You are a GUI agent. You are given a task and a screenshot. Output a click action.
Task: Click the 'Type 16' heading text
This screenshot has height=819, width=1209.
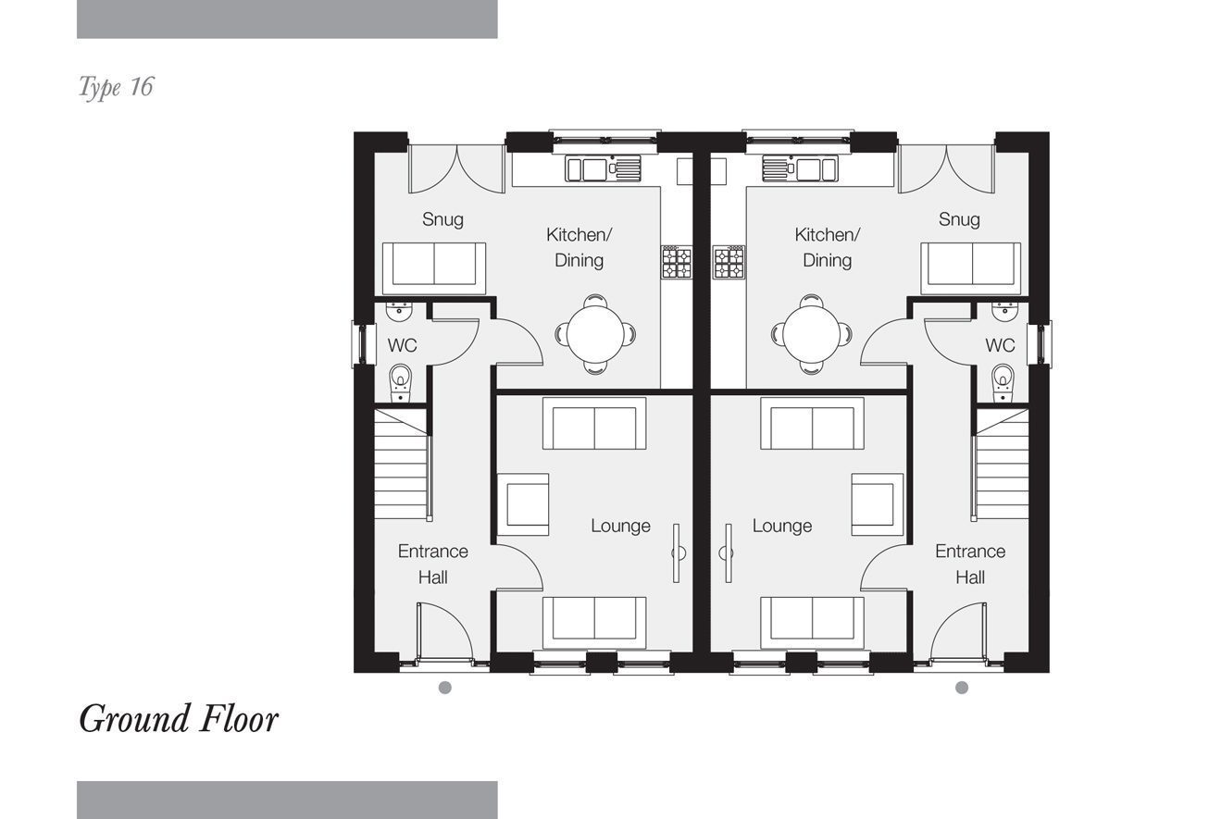(116, 87)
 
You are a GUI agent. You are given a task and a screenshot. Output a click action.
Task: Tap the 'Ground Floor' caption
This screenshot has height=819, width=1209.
(179, 719)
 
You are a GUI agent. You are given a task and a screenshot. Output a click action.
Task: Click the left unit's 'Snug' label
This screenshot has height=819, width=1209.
(442, 219)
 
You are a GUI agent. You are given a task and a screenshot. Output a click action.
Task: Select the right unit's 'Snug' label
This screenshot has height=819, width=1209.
(959, 219)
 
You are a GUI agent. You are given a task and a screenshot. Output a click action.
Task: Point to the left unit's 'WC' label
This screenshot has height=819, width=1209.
(402, 345)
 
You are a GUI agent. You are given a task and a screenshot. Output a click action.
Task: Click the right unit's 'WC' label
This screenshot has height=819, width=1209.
(1000, 345)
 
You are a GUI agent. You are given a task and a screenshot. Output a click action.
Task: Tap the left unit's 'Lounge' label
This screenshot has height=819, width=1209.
(620, 526)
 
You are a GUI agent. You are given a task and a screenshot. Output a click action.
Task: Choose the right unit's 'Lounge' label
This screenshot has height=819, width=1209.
(782, 526)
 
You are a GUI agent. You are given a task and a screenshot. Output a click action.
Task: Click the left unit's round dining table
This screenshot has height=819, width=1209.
(595, 334)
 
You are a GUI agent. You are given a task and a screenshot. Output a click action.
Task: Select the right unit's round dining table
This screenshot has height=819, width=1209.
(811, 334)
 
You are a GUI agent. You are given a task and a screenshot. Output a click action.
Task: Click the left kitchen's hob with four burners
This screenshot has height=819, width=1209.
(677, 262)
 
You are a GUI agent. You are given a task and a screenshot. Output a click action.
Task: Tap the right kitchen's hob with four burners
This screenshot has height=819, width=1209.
(729, 262)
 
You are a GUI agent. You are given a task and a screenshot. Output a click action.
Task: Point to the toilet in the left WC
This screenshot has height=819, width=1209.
(400, 382)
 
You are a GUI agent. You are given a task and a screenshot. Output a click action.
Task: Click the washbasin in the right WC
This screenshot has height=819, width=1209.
(1005, 311)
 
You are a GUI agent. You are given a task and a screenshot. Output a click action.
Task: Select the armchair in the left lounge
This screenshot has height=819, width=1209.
(523, 504)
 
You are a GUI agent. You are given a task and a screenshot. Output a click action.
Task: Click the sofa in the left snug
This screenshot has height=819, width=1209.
(434, 268)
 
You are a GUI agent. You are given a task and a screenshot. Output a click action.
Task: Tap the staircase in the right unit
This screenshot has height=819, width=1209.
(1000, 465)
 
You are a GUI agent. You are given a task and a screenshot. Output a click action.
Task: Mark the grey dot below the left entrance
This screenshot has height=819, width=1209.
(444, 688)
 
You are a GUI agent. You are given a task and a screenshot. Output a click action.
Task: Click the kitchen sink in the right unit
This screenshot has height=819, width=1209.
(800, 168)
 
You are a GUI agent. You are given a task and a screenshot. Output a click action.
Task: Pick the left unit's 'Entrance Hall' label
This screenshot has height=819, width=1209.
(433, 565)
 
